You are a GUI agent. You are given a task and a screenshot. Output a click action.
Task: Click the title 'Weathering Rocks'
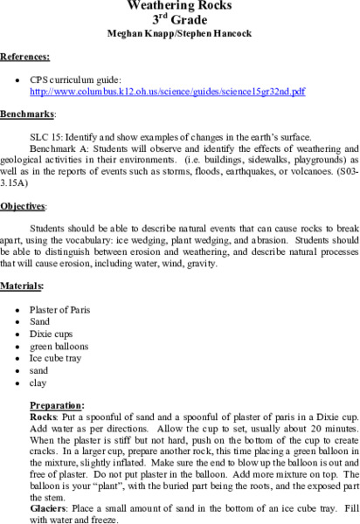click(179, 6)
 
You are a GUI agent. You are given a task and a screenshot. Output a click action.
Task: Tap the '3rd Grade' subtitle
click(179, 20)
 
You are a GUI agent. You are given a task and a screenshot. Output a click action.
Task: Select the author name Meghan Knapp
click(142, 34)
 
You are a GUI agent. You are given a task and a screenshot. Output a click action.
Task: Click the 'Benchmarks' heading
click(28, 114)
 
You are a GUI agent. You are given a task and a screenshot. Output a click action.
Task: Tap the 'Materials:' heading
click(23, 285)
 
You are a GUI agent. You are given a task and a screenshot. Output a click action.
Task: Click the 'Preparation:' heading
click(58, 405)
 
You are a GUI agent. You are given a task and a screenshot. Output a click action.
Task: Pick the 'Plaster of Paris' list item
click(59, 309)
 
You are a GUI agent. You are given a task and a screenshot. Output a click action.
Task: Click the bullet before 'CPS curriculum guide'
click(18, 79)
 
